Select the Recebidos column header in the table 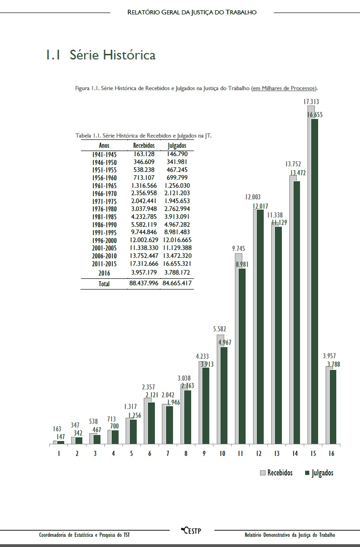144,145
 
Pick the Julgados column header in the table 177,145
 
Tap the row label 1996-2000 105,240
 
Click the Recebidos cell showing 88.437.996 144,283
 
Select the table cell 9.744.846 144,232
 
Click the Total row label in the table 105,283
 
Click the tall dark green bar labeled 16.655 315,279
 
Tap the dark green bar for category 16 333,407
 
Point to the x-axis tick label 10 222,453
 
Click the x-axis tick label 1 59,453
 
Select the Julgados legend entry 319,473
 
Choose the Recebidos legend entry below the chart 276,473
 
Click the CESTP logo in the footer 191,530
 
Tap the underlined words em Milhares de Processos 284,88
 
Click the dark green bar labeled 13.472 297,311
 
